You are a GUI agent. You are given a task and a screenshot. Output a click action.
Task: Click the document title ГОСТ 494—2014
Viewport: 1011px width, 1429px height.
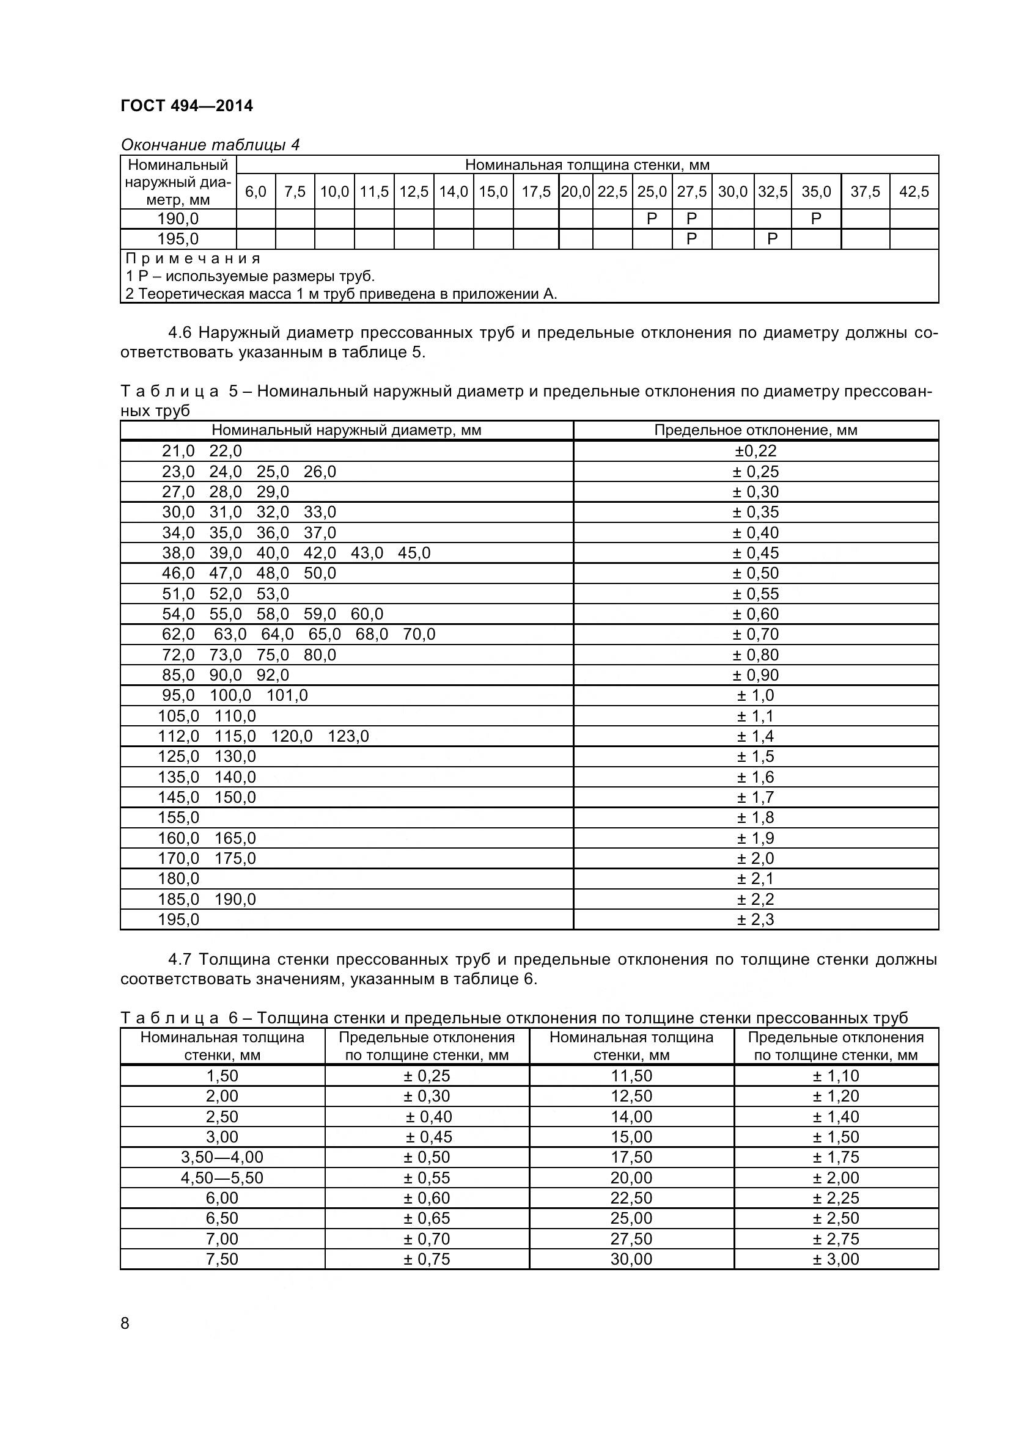click(x=187, y=106)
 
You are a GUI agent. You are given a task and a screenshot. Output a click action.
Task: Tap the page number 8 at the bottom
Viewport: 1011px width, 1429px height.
click(x=125, y=1323)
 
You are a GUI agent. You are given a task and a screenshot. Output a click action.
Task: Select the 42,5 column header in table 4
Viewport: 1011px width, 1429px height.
click(x=913, y=192)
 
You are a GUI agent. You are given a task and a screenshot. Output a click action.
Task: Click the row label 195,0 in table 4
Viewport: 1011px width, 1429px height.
click(x=178, y=239)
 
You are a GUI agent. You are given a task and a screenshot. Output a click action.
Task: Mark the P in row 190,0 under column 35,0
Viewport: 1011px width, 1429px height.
click(x=815, y=219)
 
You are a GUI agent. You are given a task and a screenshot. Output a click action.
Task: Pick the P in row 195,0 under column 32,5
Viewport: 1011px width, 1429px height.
click(x=772, y=239)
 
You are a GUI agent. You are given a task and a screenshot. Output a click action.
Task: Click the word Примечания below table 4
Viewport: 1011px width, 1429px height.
click(x=193, y=258)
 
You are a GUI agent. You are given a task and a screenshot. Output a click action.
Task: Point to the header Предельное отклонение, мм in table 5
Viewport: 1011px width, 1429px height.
click(x=755, y=430)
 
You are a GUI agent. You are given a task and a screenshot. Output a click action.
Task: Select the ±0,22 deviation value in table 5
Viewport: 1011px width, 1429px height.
click(x=755, y=451)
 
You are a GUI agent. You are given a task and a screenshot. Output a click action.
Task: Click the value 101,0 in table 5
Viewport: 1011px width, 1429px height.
click(x=287, y=695)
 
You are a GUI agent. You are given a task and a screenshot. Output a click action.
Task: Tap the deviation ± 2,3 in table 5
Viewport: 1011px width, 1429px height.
click(x=755, y=919)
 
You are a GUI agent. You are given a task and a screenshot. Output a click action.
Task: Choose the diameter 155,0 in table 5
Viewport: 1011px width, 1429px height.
click(x=178, y=817)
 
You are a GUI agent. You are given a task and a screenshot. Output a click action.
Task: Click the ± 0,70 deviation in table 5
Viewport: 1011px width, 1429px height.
click(x=755, y=634)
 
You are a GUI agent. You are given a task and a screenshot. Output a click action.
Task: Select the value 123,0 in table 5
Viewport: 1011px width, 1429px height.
click(x=348, y=736)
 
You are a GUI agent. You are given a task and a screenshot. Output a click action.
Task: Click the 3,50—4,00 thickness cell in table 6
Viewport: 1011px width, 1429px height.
click(x=222, y=1157)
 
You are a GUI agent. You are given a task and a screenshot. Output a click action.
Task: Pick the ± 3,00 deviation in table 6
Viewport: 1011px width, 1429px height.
click(x=836, y=1259)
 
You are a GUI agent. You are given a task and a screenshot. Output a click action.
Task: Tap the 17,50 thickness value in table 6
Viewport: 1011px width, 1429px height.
click(x=631, y=1157)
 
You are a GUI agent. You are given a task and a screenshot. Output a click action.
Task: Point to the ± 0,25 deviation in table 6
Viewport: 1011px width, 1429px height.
click(x=427, y=1075)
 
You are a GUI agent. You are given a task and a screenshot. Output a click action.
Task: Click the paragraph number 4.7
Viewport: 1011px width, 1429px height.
click(x=180, y=960)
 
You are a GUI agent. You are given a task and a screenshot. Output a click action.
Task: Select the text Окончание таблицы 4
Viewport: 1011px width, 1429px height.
click(x=210, y=145)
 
